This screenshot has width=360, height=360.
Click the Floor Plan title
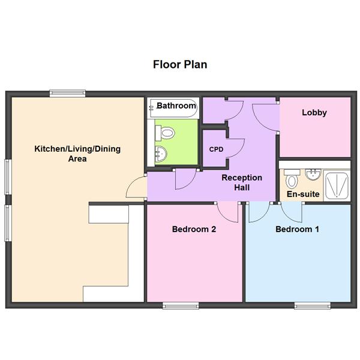(180, 65)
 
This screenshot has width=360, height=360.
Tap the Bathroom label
(176, 106)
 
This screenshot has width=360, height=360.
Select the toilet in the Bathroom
(165, 133)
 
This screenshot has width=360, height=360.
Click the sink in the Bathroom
(161, 154)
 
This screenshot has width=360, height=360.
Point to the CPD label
(216, 149)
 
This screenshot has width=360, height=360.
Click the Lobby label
(314, 113)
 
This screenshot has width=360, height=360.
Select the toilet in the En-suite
(292, 179)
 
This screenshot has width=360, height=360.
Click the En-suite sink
(313, 175)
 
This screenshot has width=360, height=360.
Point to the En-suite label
(303, 194)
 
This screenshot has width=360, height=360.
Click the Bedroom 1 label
(298, 229)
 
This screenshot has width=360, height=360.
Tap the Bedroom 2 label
(194, 229)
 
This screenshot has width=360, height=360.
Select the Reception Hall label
(242, 182)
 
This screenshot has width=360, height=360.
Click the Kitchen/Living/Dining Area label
(77, 154)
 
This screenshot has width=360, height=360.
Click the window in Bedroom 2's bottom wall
(181, 305)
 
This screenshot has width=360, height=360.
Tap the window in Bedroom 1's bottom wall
(313, 305)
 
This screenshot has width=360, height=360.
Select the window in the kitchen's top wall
(67, 93)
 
